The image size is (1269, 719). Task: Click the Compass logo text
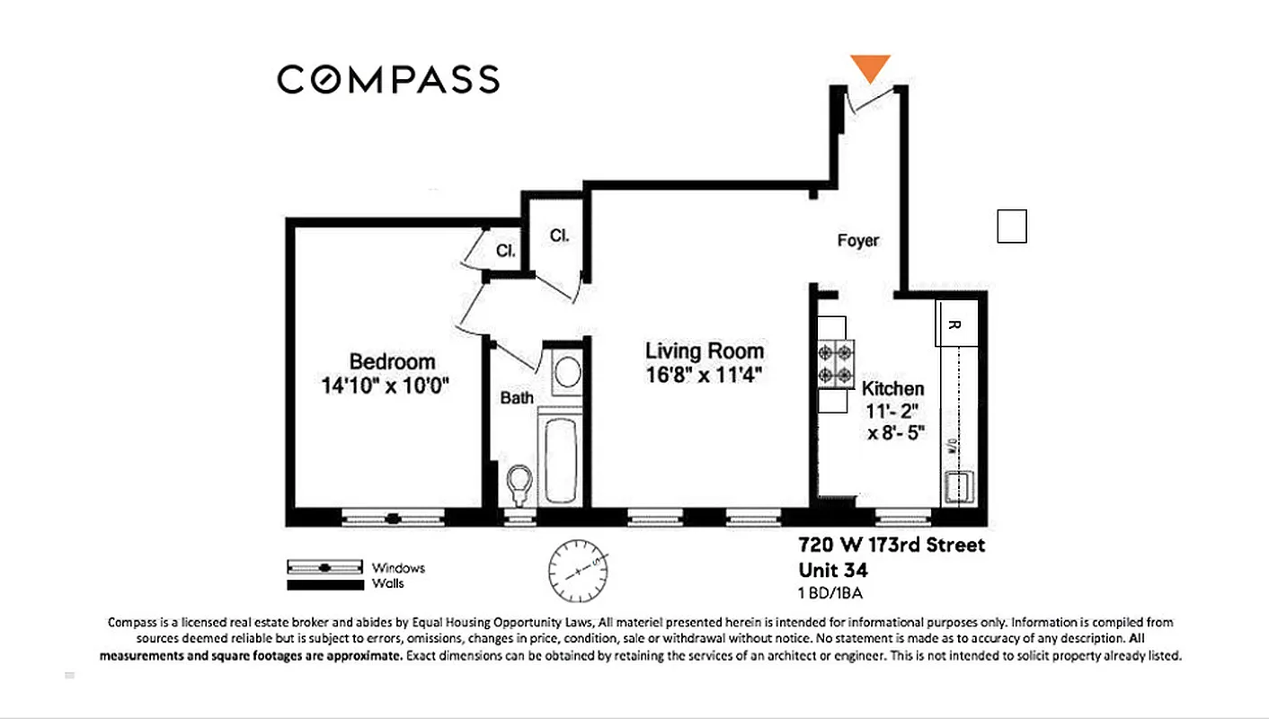pyautogui.click(x=387, y=79)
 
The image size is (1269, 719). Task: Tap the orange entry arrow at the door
pyautogui.click(x=870, y=67)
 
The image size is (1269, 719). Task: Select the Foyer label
pyautogui.click(x=857, y=241)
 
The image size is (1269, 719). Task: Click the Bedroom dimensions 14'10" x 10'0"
pyautogui.click(x=385, y=386)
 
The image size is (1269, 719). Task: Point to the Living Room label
pyautogui.click(x=705, y=351)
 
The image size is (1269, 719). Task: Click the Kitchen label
pyautogui.click(x=892, y=389)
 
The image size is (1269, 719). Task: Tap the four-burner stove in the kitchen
pyautogui.click(x=834, y=365)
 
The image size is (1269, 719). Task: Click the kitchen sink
pyautogui.click(x=961, y=487)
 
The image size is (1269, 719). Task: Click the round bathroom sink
pyautogui.click(x=565, y=372)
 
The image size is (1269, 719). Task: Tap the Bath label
pyautogui.click(x=517, y=398)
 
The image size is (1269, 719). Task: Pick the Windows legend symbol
pyautogui.click(x=325, y=568)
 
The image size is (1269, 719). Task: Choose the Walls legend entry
pyautogui.click(x=325, y=584)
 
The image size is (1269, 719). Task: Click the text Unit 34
pyautogui.click(x=833, y=570)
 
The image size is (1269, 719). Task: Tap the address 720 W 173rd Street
pyautogui.click(x=892, y=546)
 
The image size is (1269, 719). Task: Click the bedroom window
pyautogui.click(x=393, y=519)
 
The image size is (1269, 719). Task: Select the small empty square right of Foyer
pyautogui.click(x=1012, y=226)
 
